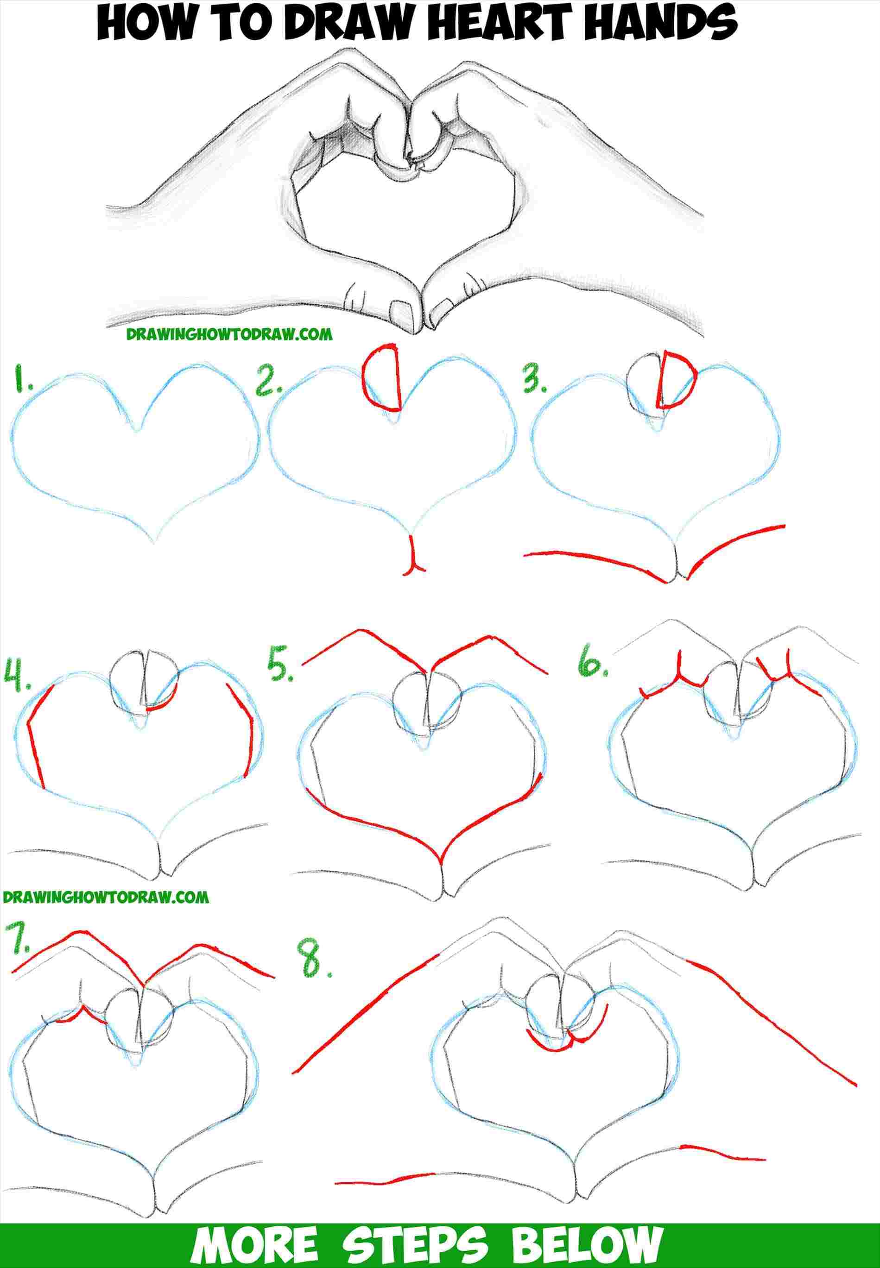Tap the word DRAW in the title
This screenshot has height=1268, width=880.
(x=314, y=25)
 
